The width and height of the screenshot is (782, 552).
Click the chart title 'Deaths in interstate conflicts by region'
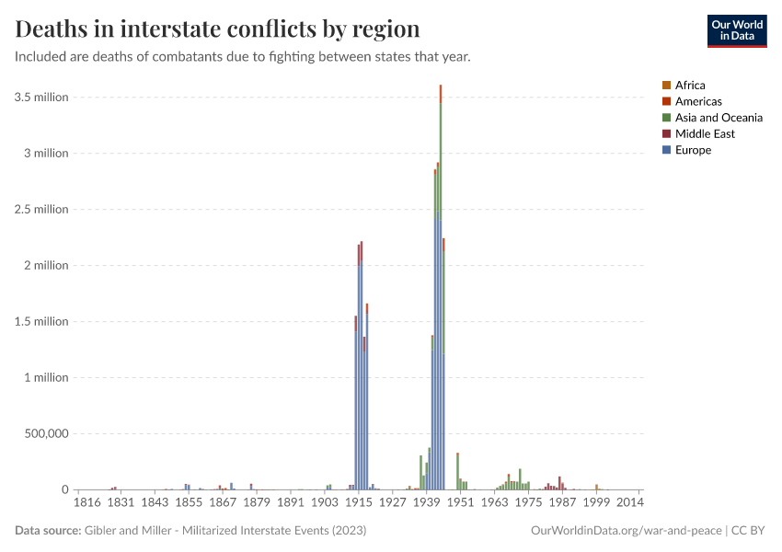[x=217, y=29]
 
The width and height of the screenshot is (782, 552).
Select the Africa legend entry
[x=690, y=86]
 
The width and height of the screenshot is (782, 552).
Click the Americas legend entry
[x=698, y=101]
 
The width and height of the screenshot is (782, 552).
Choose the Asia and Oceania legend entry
[x=718, y=118]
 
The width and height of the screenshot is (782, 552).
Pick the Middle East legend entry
[x=705, y=133]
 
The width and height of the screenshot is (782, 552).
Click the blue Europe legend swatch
[x=666, y=150]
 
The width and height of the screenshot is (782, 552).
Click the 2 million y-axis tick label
[x=44, y=266]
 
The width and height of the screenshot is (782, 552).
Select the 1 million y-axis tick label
[x=44, y=377]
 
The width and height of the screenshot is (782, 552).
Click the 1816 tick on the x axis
[x=87, y=503]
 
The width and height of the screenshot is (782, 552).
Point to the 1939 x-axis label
[x=426, y=503]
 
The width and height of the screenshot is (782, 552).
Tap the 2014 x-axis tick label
[x=630, y=503]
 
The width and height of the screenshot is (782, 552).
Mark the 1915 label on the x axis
[x=359, y=503]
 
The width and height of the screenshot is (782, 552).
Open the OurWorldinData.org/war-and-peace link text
[x=627, y=531]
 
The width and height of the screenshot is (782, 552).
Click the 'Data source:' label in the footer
[x=48, y=531]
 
